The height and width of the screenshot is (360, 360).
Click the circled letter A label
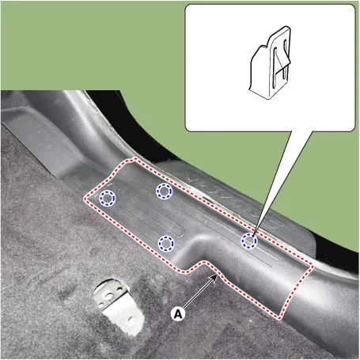tap(178, 314)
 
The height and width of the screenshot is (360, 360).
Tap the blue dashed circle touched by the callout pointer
tap(249, 241)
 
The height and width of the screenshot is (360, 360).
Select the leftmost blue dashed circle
tap(108, 198)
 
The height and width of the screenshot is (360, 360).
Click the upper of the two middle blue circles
tap(164, 191)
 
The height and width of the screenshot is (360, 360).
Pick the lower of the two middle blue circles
tap(166, 243)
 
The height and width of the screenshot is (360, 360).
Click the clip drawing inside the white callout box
tap(270, 63)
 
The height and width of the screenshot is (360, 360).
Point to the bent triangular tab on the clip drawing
tap(282, 59)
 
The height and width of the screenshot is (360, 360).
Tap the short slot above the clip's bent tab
tap(285, 45)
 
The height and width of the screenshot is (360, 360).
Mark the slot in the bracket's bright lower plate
tap(131, 321)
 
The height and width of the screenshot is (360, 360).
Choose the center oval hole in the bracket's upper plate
tap(108, 297)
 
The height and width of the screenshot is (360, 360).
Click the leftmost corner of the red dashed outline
tap(85, 199)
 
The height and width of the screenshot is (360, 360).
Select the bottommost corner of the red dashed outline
tap(279, 319)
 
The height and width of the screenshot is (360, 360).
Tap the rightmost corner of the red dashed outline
tap(313, 267)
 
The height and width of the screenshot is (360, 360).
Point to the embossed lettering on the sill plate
tap(232, 196)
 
